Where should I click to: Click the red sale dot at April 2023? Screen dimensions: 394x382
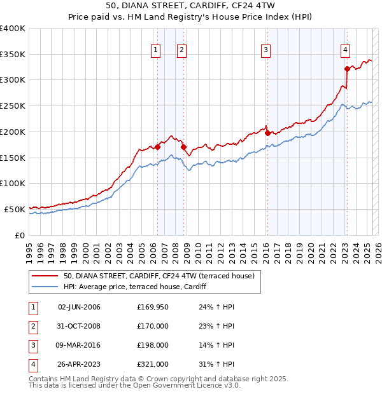(x=347, y=69)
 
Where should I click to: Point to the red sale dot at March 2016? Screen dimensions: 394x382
(x=267, y=133)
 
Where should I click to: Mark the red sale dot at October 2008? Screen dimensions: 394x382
(x=184, y=147)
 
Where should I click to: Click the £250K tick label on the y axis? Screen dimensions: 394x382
(x=13, y=106)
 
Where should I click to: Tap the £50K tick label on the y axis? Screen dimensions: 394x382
(x=15, y=209)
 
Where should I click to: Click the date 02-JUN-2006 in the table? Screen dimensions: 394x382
(x=79, y=307)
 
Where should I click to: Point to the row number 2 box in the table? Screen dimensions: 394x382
(x=32, y=326)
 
